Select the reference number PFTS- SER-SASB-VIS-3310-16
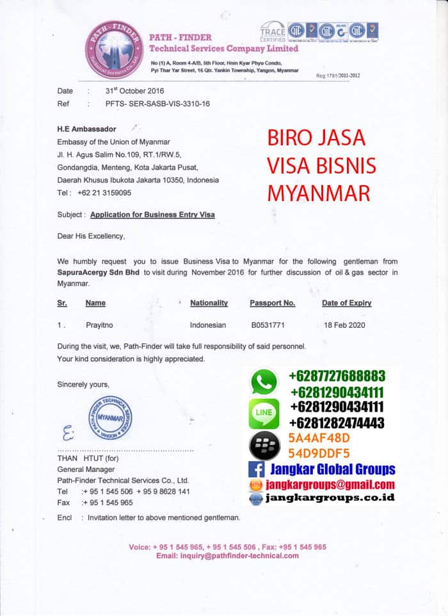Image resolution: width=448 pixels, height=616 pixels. [157, 103]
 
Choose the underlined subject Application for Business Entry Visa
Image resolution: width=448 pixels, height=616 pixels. [152, 215]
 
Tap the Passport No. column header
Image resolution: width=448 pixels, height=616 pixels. [272, 303]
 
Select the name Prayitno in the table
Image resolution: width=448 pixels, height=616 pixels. [100, 325]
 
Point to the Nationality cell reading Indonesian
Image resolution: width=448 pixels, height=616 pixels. [208, 325]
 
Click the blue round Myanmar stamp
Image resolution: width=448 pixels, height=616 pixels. [110, 417]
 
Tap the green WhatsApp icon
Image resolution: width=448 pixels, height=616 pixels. [264, 382]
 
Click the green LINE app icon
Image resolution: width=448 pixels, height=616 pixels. [264, 413]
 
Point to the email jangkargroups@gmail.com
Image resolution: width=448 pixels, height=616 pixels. [331, 485]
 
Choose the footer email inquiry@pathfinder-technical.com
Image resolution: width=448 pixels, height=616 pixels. [227, 555]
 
